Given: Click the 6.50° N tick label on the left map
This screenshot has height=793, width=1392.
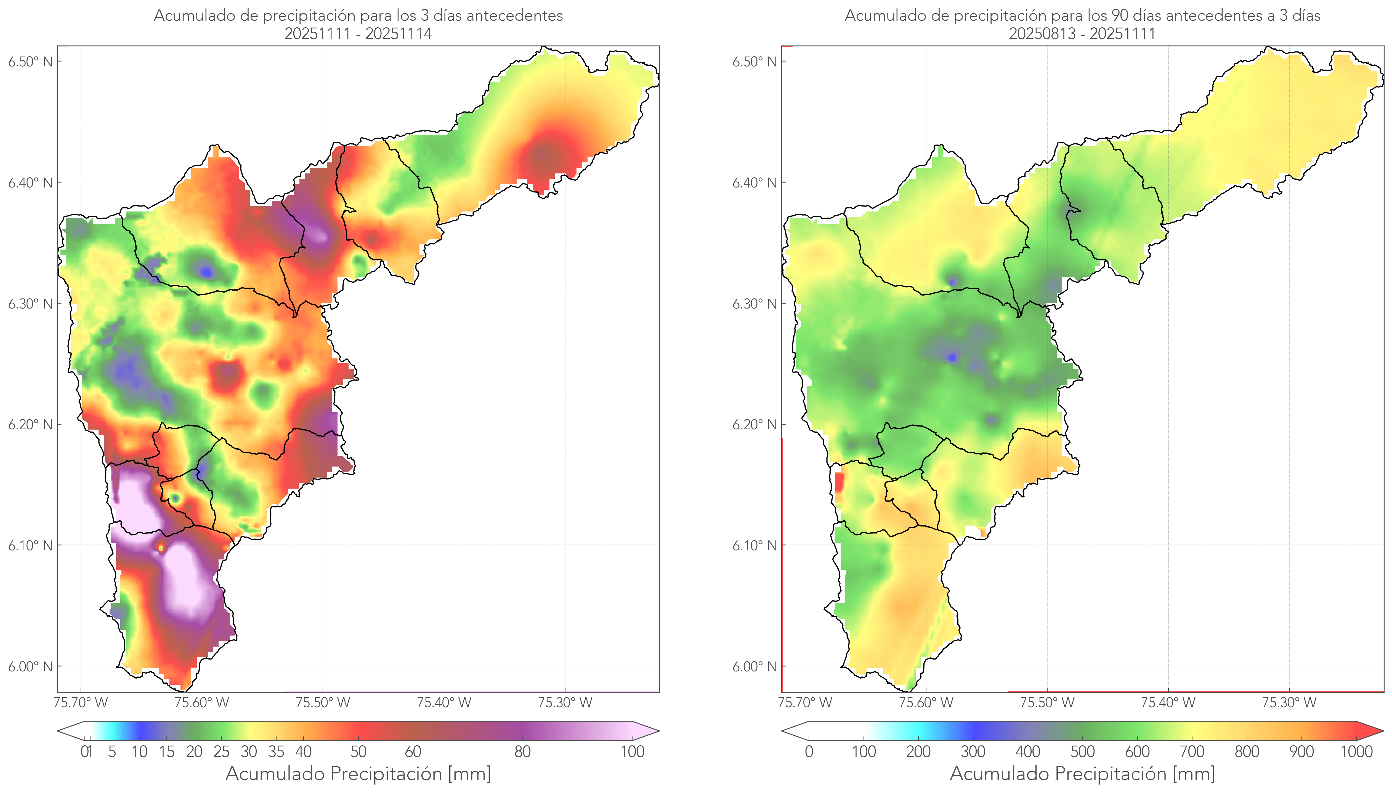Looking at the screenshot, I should (30, 61).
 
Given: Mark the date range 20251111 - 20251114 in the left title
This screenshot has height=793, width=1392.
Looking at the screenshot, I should (358, 34).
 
